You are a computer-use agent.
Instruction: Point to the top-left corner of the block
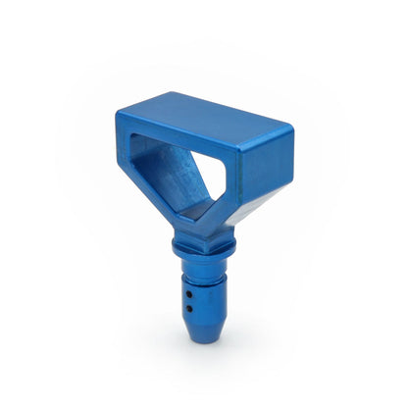point(117,114)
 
